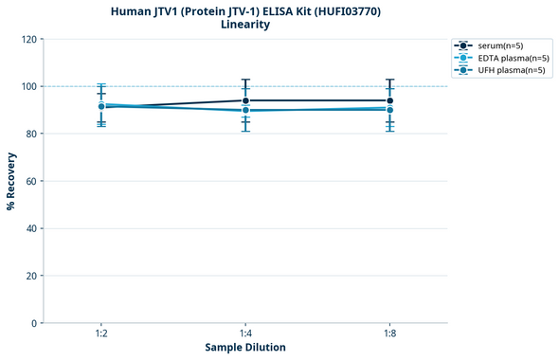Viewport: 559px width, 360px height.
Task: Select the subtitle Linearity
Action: tap(245, 25)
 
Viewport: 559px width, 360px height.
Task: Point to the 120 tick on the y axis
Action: tap(28, 39)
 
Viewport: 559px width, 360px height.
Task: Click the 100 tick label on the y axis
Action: tap(28, 86)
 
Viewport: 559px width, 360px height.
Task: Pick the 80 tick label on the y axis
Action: tap(31, 134)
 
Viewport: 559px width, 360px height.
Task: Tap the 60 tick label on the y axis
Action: tap(31, 181)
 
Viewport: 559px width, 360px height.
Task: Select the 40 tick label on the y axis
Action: tap(31, 228)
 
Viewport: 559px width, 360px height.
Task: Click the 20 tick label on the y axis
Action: tap(31, 276)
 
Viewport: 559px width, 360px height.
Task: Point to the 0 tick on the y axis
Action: tap(34, 323)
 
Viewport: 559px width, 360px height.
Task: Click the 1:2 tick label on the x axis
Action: tap(101, 334)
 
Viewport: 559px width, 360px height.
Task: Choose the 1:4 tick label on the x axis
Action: tap(245, 334)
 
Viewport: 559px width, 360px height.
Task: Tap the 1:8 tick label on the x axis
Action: tap(389, 334)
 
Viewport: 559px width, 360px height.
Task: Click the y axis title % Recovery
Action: tap(11, 180)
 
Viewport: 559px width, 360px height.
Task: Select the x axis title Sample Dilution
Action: tap(245, 348)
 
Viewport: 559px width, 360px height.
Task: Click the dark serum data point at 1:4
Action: tap(245, 100)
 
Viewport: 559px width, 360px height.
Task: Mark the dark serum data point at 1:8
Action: tap(389, 100)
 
